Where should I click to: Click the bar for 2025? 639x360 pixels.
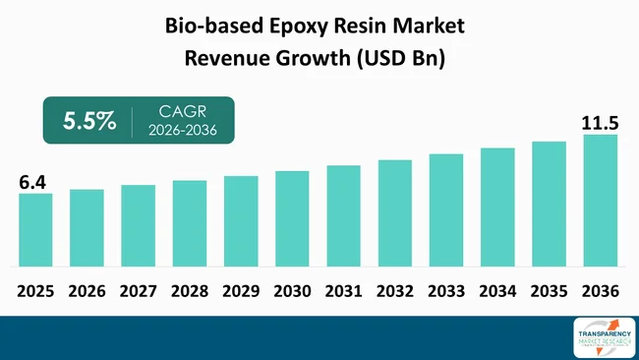(35, 229)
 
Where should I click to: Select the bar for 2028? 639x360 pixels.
(190, 223)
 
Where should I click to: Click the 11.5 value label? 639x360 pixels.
(600, 123)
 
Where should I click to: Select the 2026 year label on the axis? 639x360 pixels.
(87, 291)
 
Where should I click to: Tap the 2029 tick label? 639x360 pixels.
(241, 291)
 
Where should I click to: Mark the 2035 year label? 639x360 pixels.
(549, 291)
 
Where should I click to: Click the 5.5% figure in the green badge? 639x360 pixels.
(90, 122)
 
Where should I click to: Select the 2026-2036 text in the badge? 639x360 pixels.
(181, 132)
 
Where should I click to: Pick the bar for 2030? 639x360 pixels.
(292, 218)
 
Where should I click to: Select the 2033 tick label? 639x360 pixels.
(446, 291)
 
